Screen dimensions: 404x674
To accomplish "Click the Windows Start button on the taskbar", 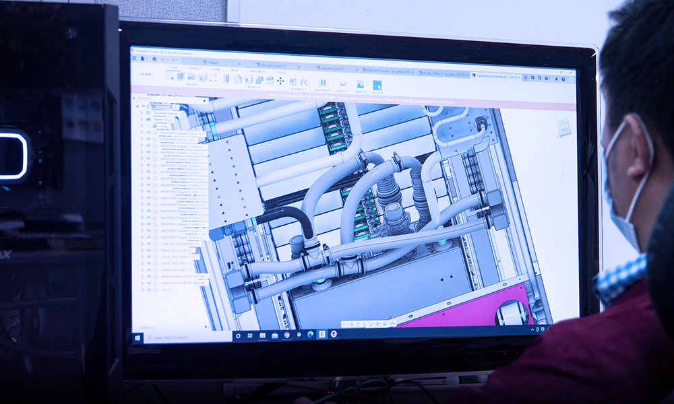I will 139,339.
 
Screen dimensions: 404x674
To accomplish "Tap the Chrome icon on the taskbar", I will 286,335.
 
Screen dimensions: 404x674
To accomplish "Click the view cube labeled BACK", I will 563,127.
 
